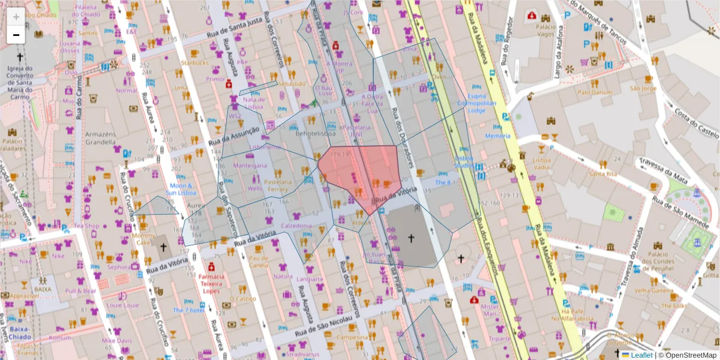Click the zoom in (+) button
point(16,16)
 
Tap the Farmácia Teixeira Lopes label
point(211,283)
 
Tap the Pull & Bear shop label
point(81,291)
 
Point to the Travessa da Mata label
point(663,169)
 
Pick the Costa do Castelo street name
point(695,123)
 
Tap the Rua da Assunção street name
point(234,136)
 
